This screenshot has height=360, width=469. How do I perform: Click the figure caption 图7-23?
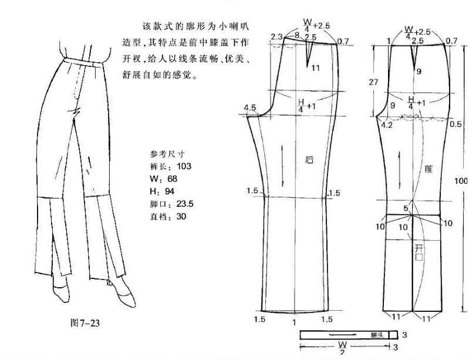click(85, 323)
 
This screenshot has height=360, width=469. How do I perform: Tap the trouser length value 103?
click(184, 166)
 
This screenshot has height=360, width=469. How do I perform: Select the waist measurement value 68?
click(173, 179)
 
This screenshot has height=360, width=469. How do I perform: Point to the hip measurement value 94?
click(169, 191)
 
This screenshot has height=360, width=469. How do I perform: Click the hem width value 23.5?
click(185, 204)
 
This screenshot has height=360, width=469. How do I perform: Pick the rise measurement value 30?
click(181, 216)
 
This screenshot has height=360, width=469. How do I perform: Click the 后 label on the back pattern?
click(309, 160)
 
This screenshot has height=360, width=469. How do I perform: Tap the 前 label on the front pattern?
click(428, 169)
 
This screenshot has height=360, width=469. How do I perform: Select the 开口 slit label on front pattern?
click(419, 253)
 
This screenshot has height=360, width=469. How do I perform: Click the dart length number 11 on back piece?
click(316, 68)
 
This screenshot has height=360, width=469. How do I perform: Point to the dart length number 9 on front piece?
click(419, 71)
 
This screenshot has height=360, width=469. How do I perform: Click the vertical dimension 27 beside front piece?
click(373, 82)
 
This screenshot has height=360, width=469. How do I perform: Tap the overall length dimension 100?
click(461, 181)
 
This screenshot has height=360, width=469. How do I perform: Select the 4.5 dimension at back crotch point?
click(249, 107)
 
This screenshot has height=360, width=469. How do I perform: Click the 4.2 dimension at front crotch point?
click(387, 125)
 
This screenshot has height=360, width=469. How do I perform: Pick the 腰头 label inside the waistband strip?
click(377, 335)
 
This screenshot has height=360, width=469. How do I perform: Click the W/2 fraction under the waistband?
click(342, 347)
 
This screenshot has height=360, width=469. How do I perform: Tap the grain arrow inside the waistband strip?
click(343, 335)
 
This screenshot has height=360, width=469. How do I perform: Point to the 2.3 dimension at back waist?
click(276, 37)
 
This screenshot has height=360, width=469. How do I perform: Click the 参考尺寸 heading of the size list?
click(167, 154)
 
